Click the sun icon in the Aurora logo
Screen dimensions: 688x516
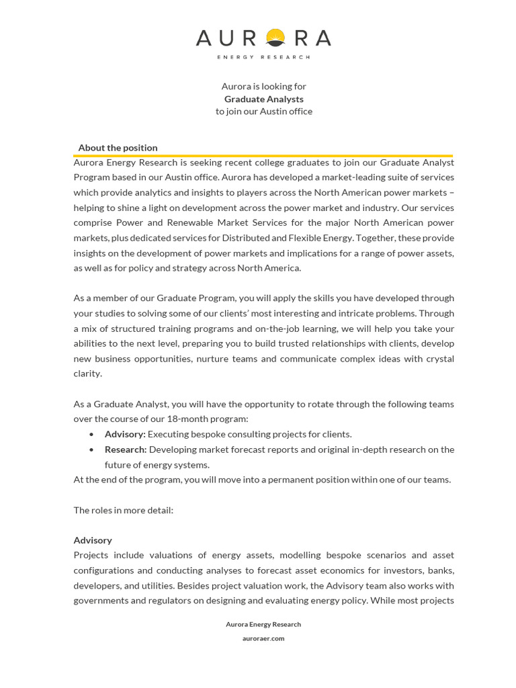(x=275, y=38)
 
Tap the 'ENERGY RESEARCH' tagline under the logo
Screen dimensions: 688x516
(x=263, y=57)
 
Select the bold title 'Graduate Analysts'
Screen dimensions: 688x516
(x=263, y=99)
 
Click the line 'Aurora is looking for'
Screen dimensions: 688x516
(x=263, y=86)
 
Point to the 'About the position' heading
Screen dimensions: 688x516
(x=118, y=148)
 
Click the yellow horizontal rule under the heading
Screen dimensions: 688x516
(x=263, y=155)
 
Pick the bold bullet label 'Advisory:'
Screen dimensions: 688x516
(x=125, y=434)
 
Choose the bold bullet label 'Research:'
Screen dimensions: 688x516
(x=126, y=449)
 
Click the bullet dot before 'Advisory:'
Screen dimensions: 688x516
(x=92, y=435)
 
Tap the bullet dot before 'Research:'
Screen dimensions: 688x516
(x=92, y=450)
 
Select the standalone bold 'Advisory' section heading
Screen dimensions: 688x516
(x=93, y=540)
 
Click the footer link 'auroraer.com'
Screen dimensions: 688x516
(x=263, y=638)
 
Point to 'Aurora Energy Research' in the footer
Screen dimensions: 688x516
(x=263, y=624)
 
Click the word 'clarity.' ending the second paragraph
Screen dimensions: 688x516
(x=87, y=374)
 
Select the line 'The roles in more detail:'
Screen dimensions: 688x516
(x=123, y=510)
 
